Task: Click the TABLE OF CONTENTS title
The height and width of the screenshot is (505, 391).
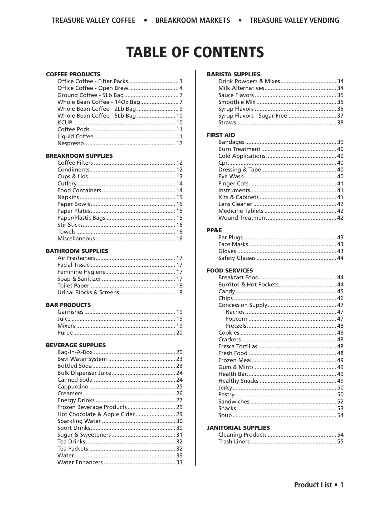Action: click(195, 52)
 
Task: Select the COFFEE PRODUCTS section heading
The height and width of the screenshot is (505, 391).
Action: click(73, 74)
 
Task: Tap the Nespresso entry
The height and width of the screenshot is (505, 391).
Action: click(71, 143)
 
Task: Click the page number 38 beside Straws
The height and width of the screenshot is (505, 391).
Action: click(340, 123)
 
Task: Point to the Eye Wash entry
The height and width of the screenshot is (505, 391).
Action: click(231, 176)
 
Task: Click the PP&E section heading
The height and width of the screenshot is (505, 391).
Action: click(214, 230)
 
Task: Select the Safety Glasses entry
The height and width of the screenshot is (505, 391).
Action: click(237, 258)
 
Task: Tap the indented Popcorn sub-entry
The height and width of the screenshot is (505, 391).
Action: click(236, 319)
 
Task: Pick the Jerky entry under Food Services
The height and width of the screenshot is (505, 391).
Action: click(225, 388)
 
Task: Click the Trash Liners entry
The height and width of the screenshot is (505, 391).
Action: click(234, 442)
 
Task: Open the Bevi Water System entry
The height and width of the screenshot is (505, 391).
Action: click(82, 359)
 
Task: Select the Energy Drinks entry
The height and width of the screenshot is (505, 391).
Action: click(76, 400)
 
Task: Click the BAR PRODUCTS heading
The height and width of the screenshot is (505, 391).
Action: click(68, 305)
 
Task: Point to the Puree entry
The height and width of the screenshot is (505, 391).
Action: click(65, 333)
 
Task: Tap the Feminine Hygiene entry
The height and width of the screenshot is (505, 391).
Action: click(81, 272)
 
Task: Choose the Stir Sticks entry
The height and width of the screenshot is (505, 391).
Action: click(70, 225)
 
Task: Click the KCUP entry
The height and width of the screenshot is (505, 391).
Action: click(65, 123)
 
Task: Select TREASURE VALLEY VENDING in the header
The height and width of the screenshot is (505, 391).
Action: click(294, 21)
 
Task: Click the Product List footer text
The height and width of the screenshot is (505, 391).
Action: click(319, 485)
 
